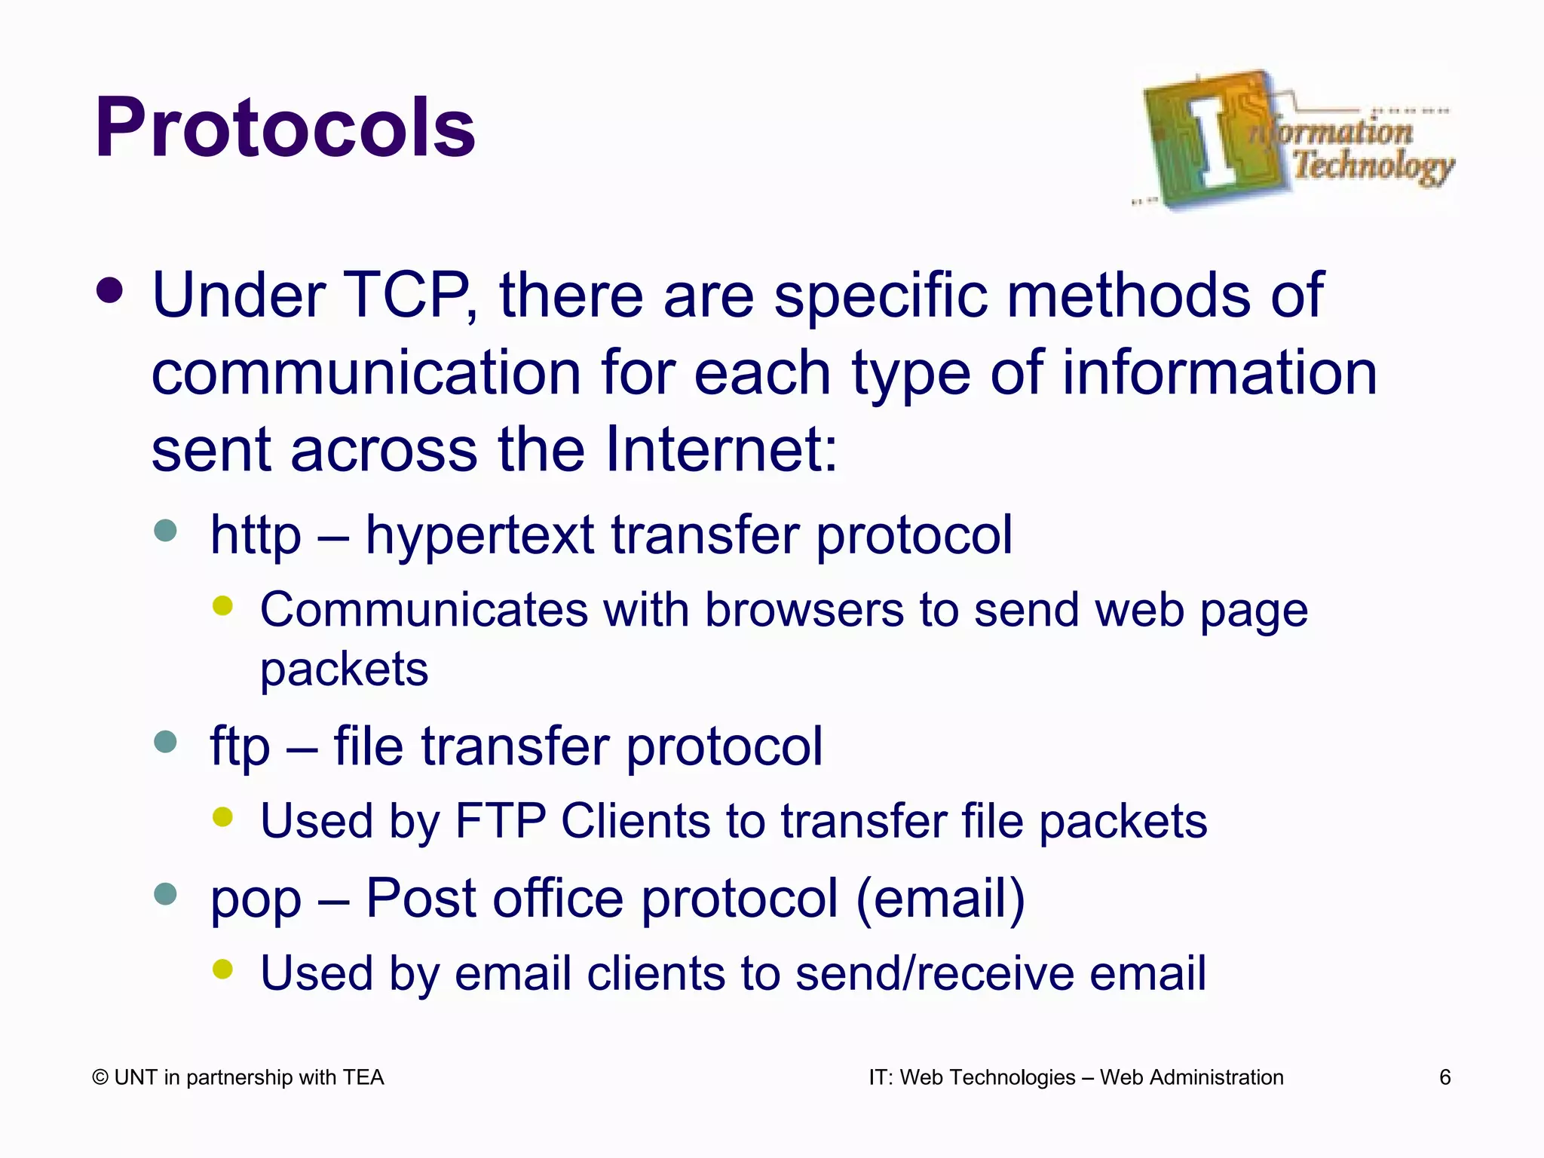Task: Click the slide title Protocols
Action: click(285, 128)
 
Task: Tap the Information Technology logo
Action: click(1295, 139)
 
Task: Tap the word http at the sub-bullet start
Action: click(256, 535)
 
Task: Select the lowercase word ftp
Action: click(240, 746)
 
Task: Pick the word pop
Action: click(256, 899)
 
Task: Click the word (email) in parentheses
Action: click(940, 898)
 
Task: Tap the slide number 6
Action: click(1444, 1077)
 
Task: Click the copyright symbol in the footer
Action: click(100, 1078)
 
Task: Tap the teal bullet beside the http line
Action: click(165, 531)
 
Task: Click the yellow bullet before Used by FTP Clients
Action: click(222, 816)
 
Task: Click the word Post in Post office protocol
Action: click(419, 898)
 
